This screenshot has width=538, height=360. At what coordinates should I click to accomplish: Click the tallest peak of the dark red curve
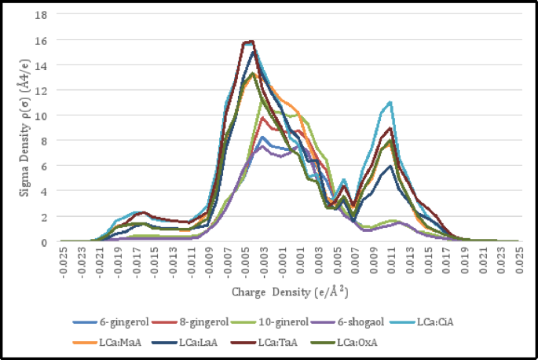coord(251,41)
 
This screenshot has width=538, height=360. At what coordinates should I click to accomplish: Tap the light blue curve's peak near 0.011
coord(390,102)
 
